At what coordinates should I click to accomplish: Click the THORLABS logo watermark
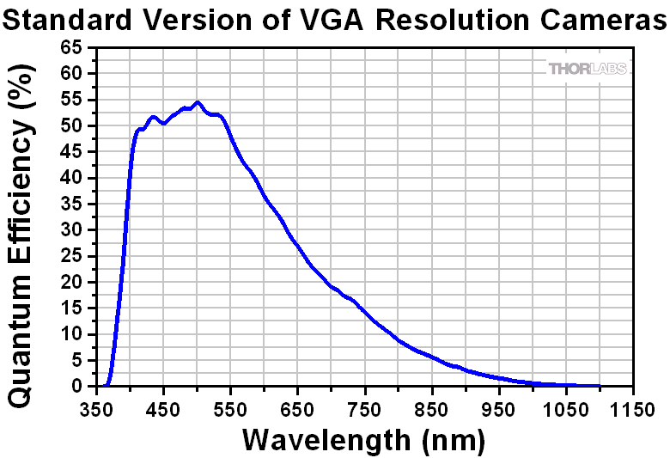pos(588,68)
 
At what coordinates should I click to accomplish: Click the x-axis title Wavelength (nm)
pos(364,440)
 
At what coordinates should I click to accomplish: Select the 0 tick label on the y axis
pos(76,387)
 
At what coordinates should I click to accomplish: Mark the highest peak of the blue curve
pos(198,102)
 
